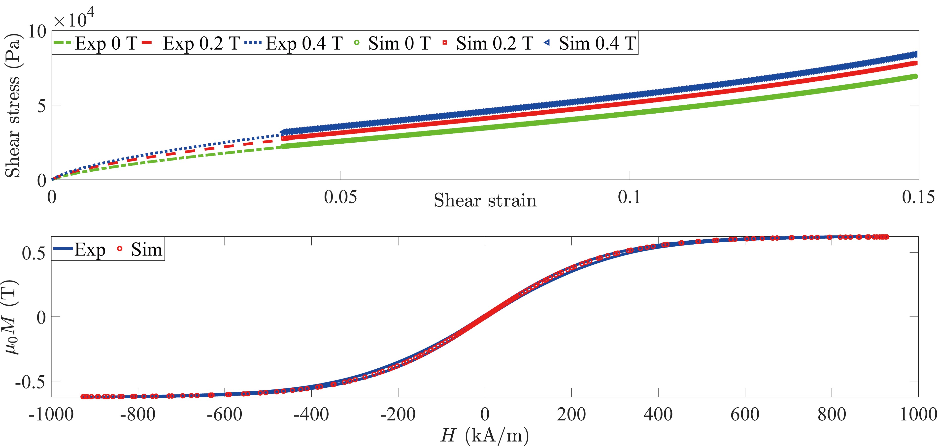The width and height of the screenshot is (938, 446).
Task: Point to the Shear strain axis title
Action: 485,200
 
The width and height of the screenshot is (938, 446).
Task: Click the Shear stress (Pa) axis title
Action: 13,106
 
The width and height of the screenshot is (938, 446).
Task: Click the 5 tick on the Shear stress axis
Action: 42,106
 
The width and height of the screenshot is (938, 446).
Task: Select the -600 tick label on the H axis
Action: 224,414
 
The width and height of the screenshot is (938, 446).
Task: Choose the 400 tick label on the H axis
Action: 658,414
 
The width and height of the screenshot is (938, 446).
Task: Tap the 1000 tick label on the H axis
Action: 918,414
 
